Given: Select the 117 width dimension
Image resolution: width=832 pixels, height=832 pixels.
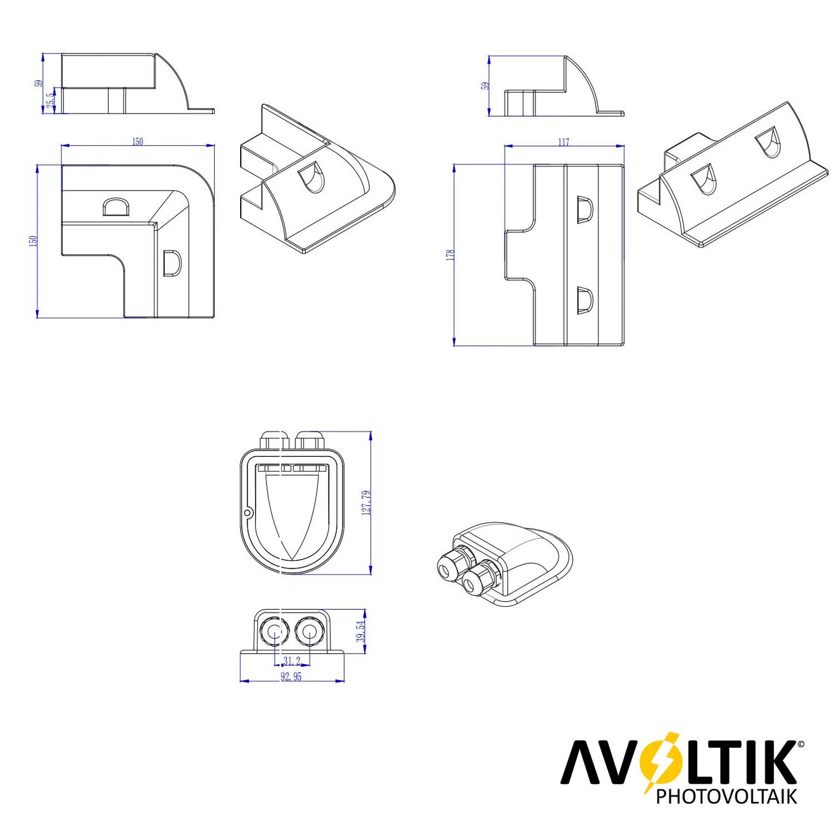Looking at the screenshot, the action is [x=564, y=142].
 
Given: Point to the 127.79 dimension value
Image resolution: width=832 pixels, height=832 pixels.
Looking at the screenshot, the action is [x=367, y=503].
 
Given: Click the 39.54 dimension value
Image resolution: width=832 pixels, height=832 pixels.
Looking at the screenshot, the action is [x=362, y=632].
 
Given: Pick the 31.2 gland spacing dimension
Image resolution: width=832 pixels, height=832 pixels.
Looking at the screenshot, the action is [x=292, y=660].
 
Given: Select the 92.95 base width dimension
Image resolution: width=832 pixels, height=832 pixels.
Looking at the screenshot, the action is [x=291, y=677].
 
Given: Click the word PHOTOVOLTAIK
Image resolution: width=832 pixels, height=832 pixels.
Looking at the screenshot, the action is [x=726, y=796].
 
